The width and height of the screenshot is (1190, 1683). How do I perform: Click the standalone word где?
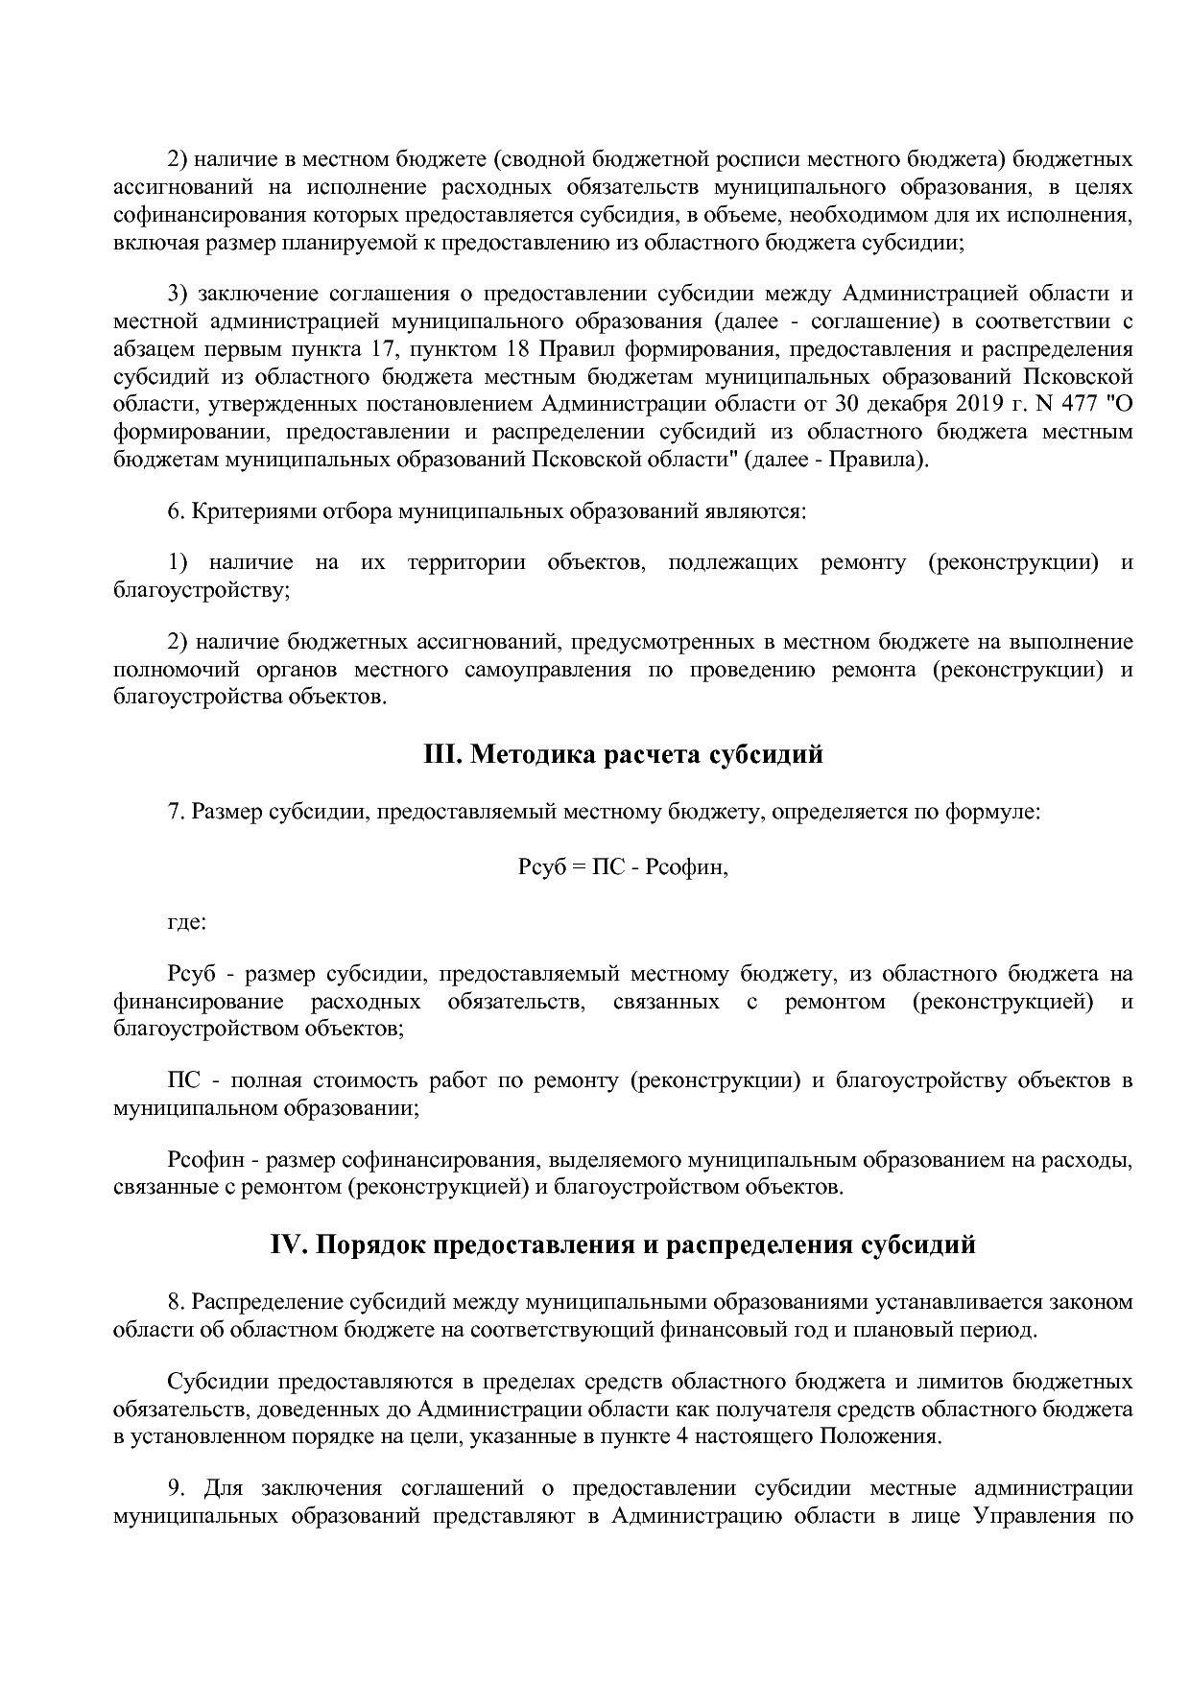pyautogui.click(x=187, y=922)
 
